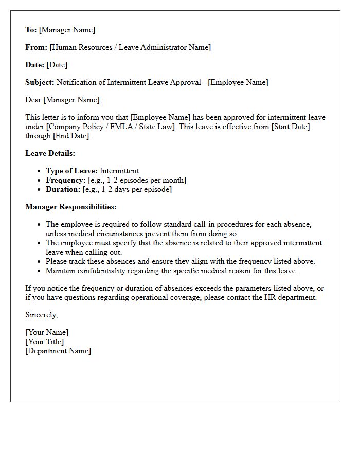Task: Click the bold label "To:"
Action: click(x=31, y=30)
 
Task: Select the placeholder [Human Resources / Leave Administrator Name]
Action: click(x=130, y=47)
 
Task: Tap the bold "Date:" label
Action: click(x=35, y=65)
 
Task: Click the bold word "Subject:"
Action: click(x=40, y=82)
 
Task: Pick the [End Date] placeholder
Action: click(x=71, y=136)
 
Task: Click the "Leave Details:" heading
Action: click(x=50, y=153)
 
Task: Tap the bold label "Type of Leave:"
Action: click(x=71, y=171)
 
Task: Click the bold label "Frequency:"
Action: click(x=66, y=180)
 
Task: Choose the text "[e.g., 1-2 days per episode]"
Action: click(x=127, y=189)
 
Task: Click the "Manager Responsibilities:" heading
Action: click(x=71, y=207)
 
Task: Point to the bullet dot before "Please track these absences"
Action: click(x=40, y=261)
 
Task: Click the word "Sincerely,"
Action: click(x=42, y=315)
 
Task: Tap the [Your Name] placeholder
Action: click(x=47, y=332)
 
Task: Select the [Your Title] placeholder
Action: click(x=45, y=342)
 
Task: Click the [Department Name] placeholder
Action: click(x=58, y=351)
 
